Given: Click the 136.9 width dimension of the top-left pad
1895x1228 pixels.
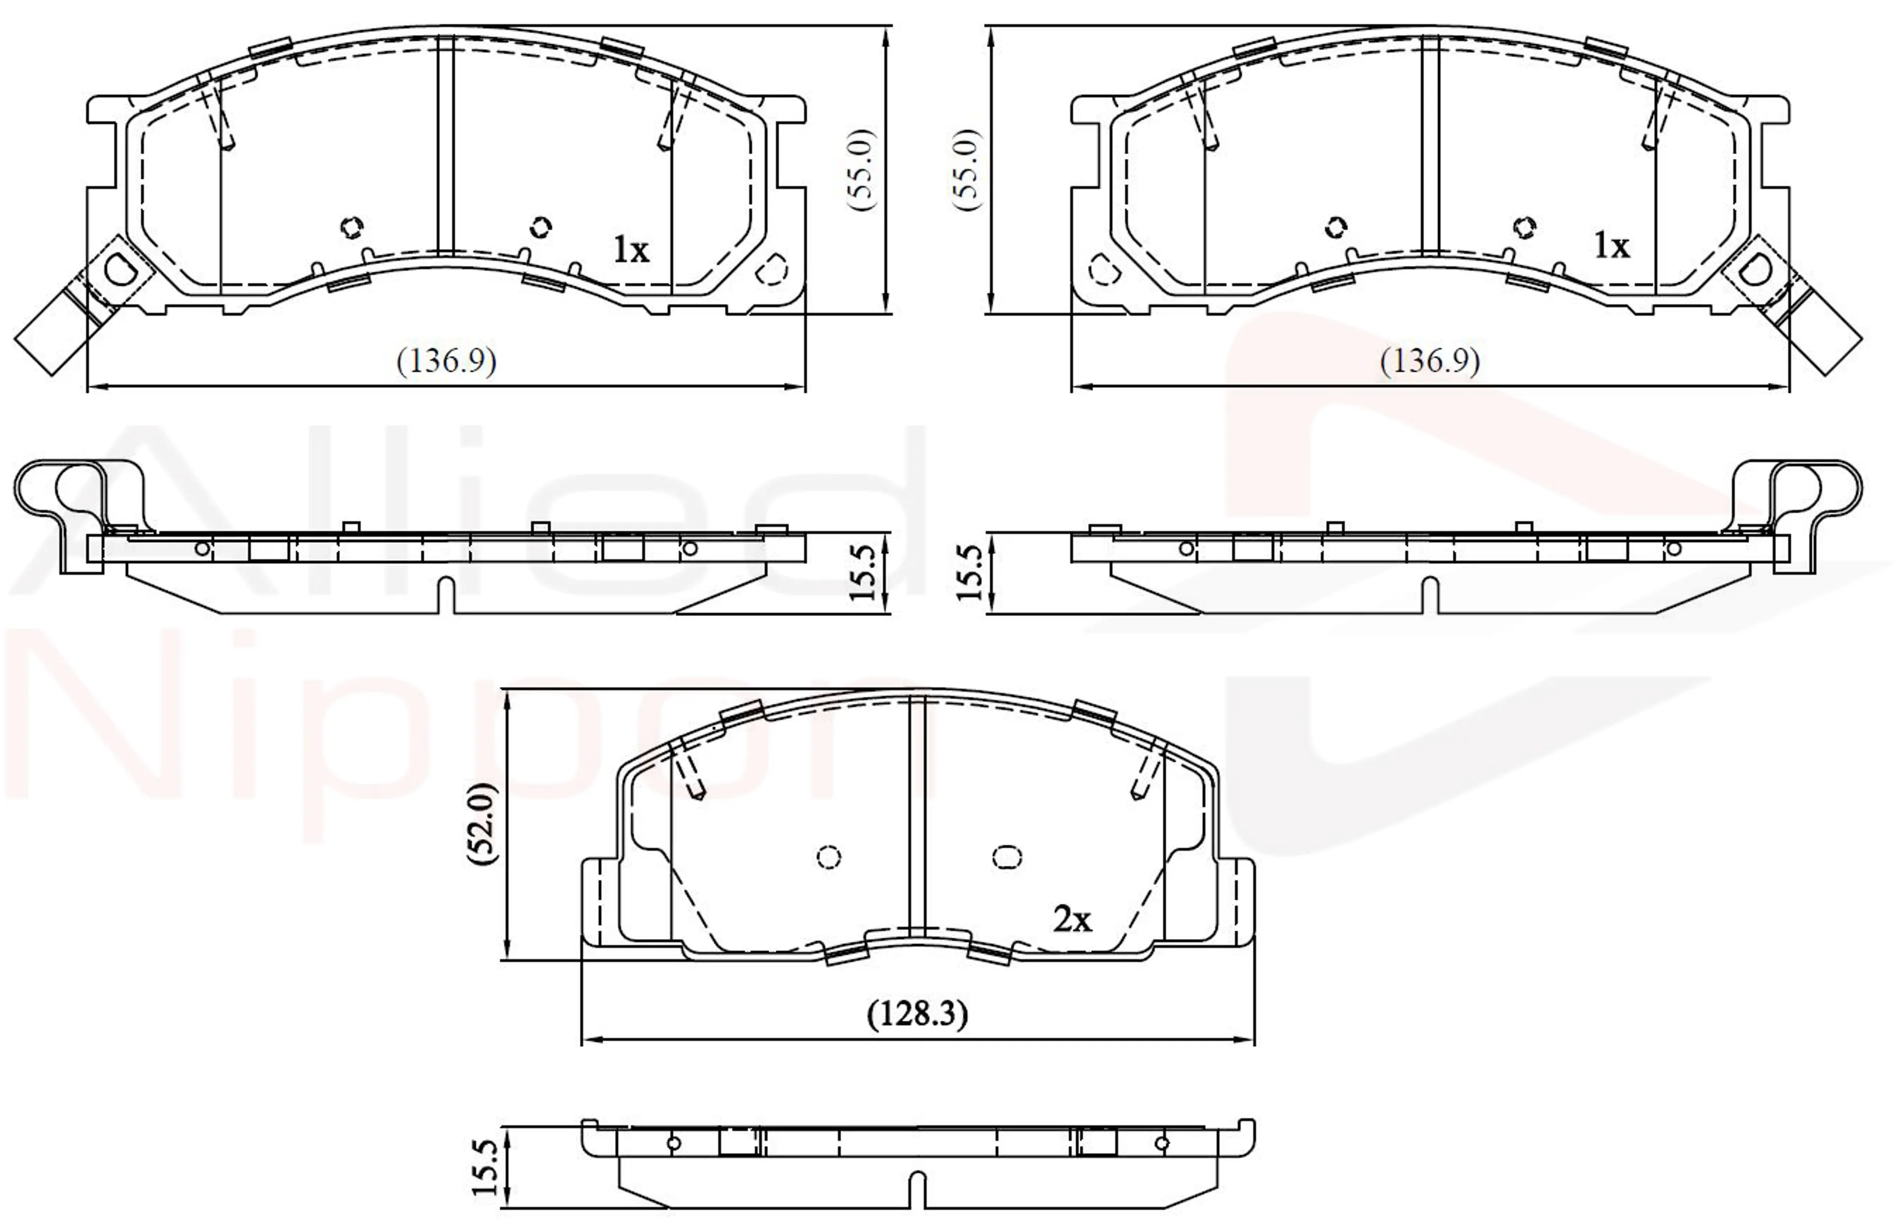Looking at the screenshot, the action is point(447,362).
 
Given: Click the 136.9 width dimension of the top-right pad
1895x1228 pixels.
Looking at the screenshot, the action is point(1430,362).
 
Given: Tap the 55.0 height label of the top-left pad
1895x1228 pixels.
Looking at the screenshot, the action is point(862,170).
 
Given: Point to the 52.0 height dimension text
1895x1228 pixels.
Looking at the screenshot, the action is point(483,823).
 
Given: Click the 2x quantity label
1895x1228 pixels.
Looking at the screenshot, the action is point(1072,920).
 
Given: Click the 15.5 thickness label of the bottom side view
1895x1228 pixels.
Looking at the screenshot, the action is point(485,1167).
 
